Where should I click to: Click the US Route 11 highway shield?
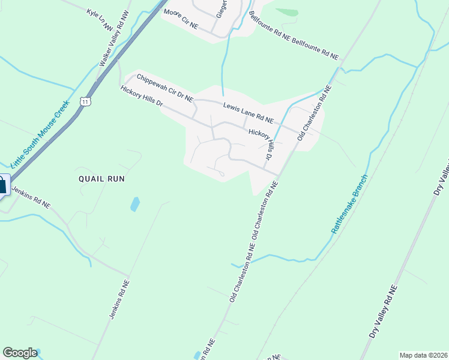point(86,103)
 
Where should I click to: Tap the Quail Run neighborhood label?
point(101,179)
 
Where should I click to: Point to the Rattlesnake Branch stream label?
point(348,205)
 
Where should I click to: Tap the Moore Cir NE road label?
point(181,19)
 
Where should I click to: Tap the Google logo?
point(20,353)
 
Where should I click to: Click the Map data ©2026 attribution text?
point(423,355)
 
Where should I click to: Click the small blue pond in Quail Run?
point(135,204)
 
